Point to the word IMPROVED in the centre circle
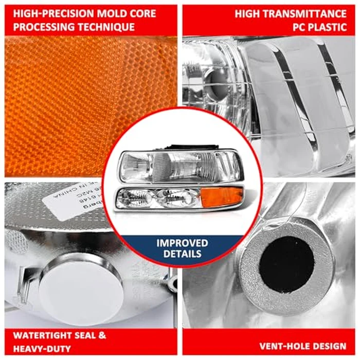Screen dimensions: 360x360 click(183, 243)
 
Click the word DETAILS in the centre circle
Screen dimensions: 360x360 click(183, 254)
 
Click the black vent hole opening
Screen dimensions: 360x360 click(286, 264)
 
